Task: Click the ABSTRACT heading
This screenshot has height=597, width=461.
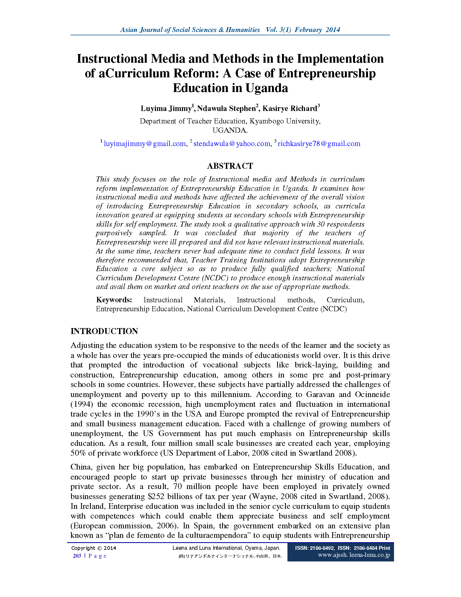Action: [230, 166]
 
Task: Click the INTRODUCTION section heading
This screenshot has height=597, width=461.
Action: [104, 331]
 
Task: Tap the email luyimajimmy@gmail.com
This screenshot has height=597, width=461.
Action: [145, 144]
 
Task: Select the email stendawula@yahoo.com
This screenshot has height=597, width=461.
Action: [232, 144]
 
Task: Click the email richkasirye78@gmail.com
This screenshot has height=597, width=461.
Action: [319, 144]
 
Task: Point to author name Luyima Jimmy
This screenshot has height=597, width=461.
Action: [166, 109]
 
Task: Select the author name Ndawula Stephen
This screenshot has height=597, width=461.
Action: [226, 109]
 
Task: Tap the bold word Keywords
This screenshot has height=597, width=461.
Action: [114, 300]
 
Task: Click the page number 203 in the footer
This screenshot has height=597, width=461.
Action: [77, 556]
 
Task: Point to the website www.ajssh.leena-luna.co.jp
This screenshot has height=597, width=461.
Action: [354, 555]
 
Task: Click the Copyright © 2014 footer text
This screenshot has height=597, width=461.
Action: [94, 548]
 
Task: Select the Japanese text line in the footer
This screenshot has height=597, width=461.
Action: [230, 556]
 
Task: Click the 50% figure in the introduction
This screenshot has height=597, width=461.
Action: [78, 453]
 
